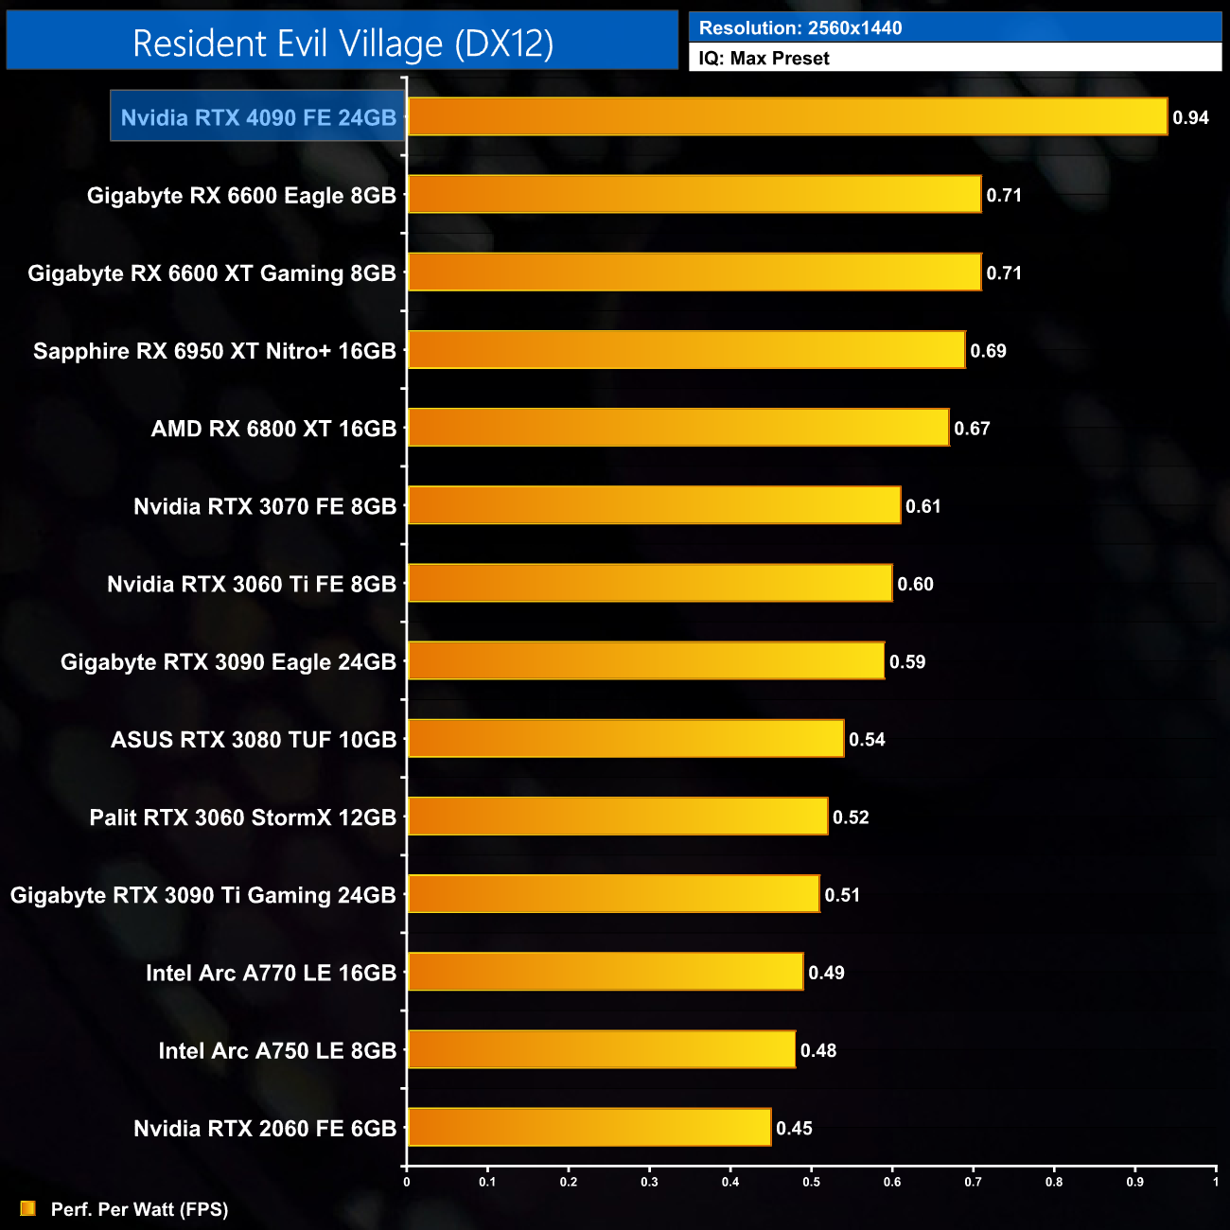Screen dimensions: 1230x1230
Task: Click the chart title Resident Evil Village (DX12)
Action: point(343,44)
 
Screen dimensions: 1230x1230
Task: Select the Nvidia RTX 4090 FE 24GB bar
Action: point(787,117)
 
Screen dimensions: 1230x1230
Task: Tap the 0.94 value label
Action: point(1190,118)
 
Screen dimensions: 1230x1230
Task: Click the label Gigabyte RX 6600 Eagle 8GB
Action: point(241,196)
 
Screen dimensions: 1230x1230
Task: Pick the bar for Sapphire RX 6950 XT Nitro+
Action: point(686,350)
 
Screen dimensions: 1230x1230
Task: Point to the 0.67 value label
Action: point(972,429)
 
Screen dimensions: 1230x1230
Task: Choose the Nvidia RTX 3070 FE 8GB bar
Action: point(654,505)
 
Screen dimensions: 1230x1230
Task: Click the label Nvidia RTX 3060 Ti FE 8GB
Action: point(252,585)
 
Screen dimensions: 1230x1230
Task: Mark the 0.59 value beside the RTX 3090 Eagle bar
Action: point(907,662)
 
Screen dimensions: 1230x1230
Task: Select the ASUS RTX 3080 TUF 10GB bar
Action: point(625,739)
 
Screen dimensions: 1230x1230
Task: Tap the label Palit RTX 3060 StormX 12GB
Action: point(242,817)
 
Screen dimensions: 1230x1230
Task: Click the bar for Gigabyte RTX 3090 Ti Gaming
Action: point(613,894)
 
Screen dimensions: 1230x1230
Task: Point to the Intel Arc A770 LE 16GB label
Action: point(271,974)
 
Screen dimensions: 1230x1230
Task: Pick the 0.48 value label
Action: point(818,1051)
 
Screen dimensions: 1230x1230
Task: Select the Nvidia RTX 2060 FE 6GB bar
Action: point(589,1128)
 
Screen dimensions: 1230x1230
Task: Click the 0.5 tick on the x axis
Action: point(812,1182)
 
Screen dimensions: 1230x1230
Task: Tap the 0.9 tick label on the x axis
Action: point(1134,1182)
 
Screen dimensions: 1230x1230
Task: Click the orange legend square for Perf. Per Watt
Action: point(28,1208)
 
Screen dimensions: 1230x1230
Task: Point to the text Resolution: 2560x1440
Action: point(800,28)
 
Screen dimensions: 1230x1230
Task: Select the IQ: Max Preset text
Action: point(764,59)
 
